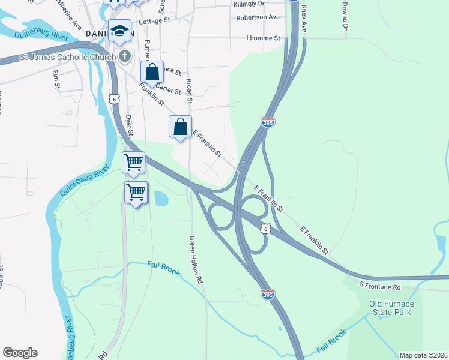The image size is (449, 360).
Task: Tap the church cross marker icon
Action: (x=125, y=57)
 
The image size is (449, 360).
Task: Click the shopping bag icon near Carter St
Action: (x=152, y=72)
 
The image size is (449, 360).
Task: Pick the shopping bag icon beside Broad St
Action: (x=180, y=127)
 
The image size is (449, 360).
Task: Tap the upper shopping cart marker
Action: (x=134, y=162)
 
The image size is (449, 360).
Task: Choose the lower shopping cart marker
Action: (x=136, y=193)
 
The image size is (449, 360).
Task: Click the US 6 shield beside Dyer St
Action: (x=113, y=98)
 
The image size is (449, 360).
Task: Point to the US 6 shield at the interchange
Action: (x=265, y=229)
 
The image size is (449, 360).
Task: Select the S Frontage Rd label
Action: (x=380, y=286)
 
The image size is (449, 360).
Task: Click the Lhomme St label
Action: (x=263, y=38)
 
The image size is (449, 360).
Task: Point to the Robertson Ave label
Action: (x=258, y=17)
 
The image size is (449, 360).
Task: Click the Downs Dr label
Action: (x=345, y=15)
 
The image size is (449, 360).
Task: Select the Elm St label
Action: (x=56, y=79)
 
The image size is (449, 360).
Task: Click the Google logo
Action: (x=20, y=353)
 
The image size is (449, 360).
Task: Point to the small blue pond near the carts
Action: (x=160, y=198)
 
